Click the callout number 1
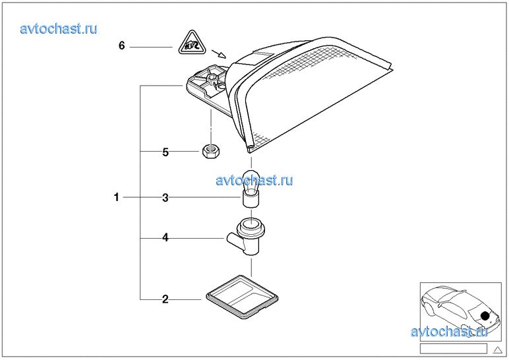coord(117,196)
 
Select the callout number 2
coord(165,299)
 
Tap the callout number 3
coord(165,197)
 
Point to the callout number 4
coord(165,237)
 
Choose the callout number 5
coord(165,152)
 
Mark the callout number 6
coord(121,46)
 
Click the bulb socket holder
coord(247,237)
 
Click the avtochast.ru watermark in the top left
coord(59,28)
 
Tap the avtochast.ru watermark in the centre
coord(254,180)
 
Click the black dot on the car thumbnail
coord(485,316)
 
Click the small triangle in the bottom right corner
coord(497,349)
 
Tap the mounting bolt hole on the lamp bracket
coord(212,78)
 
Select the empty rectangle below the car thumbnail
coord(454,348)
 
